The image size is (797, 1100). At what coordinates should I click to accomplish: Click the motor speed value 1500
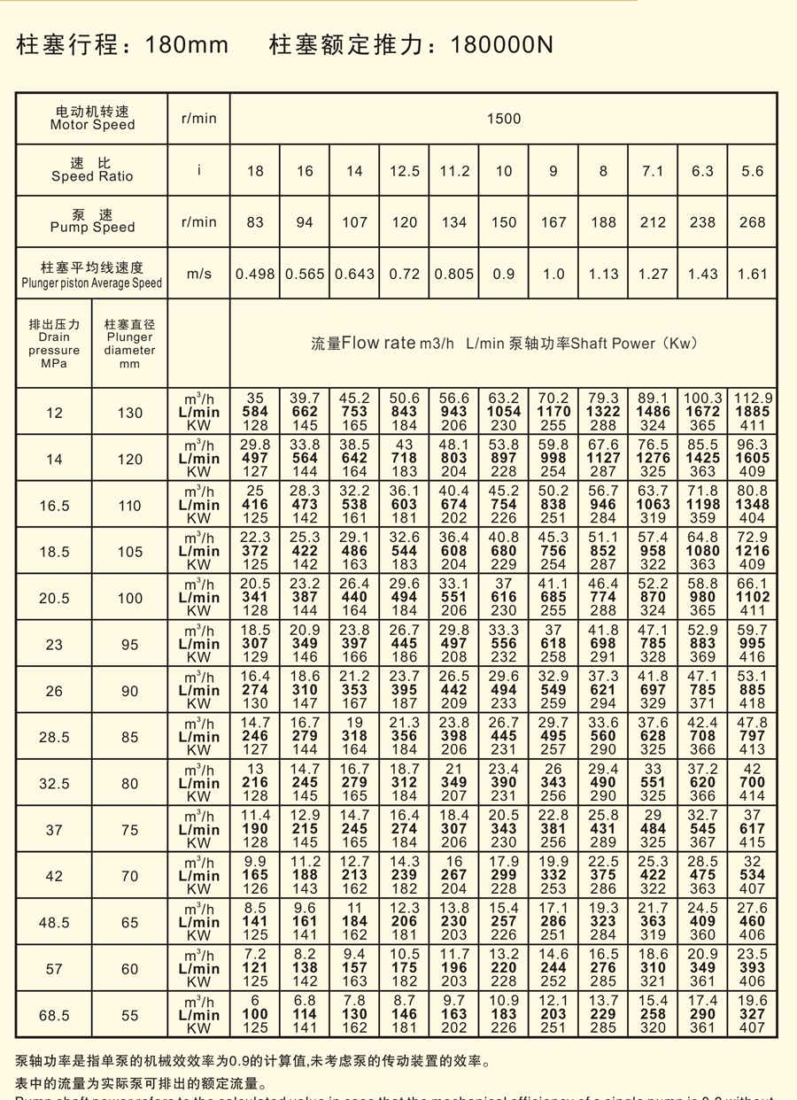[503, 119]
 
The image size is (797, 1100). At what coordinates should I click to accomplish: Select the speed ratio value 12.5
[404, 171]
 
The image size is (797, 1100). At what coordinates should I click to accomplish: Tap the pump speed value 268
[752, 222]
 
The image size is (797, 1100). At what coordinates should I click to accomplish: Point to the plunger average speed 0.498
[255, 274]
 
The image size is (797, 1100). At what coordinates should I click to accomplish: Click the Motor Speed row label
[92, 119]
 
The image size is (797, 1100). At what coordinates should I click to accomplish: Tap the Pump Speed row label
[92, 221]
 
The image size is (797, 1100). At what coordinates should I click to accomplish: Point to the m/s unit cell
[198, 274]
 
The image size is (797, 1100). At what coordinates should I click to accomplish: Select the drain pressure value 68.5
[54, 1015]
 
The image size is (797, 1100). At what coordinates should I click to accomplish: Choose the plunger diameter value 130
[129, 413]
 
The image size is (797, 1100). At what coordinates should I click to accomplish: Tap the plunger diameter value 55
[129, 1015]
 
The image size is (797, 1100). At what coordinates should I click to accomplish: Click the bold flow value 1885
[752, 412]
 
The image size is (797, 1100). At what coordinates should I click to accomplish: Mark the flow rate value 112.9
[752, 399]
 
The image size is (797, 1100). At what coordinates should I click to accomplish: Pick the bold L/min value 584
[255, 412]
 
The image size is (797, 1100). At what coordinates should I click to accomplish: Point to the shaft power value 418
[752, 702]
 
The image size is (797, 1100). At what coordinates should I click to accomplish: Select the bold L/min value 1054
[503, 412]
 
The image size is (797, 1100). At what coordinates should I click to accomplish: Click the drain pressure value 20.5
[54, 598]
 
